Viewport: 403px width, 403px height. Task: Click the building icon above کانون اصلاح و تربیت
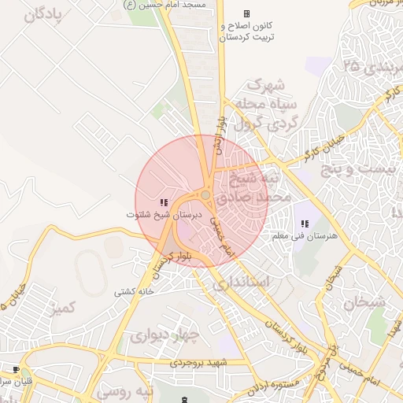[x=246, y=14]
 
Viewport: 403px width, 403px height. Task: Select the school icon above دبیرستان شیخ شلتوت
[x=164, y=203]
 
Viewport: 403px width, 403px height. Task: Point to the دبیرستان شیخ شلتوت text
[x=165, y=214]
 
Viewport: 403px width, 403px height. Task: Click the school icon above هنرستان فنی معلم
[x=305, y=224]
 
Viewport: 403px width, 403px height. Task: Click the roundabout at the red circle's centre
[x=205, y=194]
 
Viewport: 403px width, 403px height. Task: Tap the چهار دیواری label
[x=165, y=337]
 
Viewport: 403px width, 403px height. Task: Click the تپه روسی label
[x=124, y=390]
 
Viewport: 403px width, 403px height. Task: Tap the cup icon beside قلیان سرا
[x=15, y=370]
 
